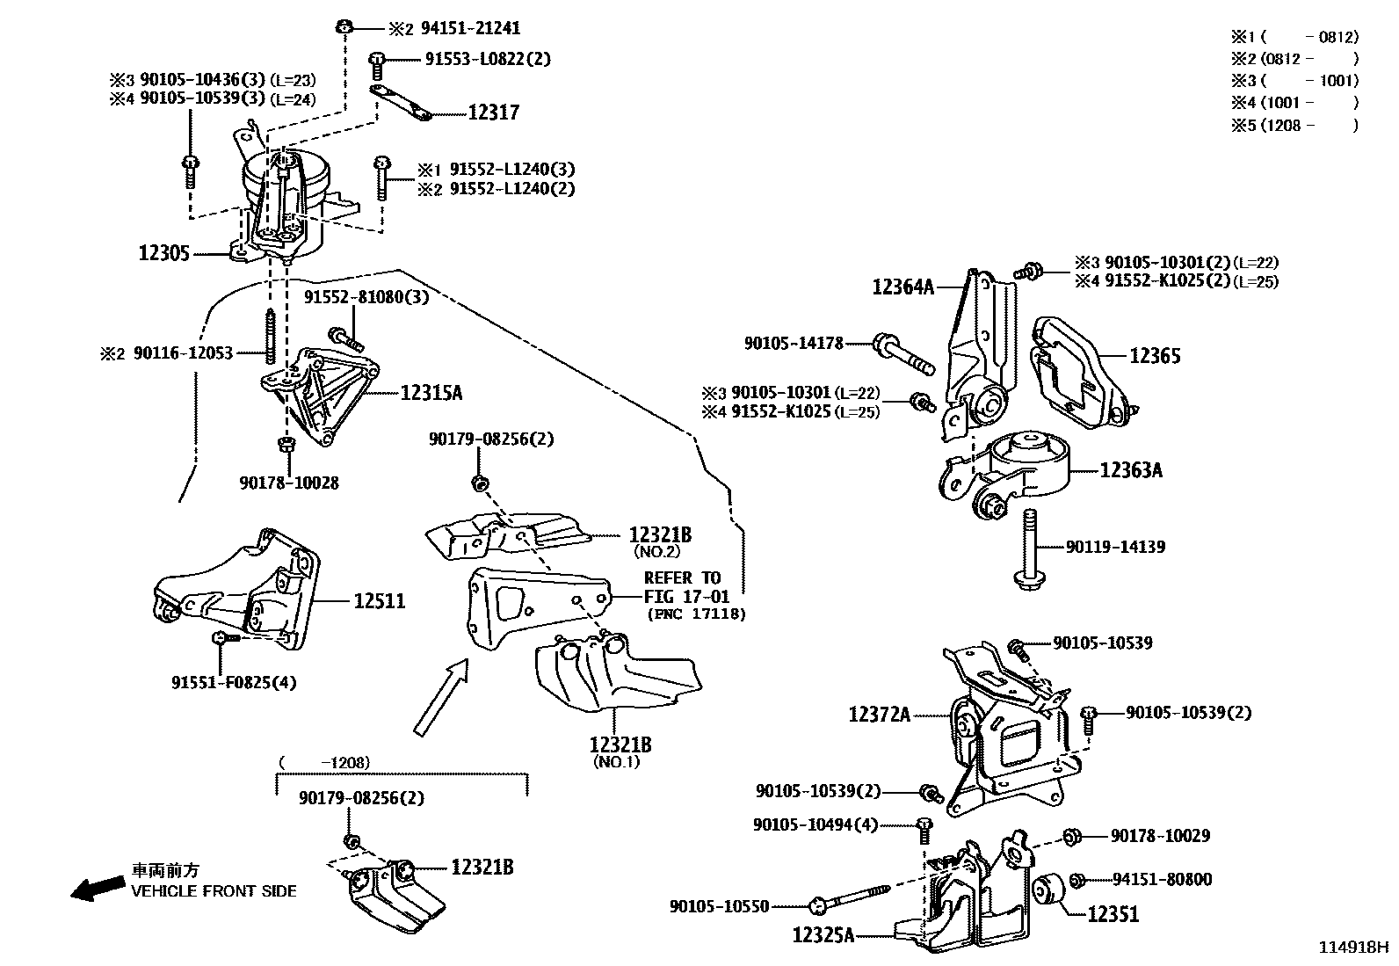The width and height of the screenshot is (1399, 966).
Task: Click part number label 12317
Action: coord(493,113)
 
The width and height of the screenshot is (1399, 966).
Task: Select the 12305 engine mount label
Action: coord(164,253)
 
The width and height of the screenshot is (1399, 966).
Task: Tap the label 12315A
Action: coord(431,393)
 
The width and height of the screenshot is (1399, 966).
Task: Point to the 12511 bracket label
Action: coord(379,601)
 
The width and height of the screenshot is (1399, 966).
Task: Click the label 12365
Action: coord(1155,356)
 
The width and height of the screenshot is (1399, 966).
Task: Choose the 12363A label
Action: coord(1131,470)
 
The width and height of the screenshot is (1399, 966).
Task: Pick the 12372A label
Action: coord(879,715)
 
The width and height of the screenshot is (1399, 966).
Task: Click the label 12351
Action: coord(1113,914)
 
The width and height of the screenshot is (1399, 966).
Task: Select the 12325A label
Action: coord(823,935)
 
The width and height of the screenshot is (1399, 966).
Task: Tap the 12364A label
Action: coord(902,286)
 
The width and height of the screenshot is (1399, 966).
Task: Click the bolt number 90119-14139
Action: coord(1115,547)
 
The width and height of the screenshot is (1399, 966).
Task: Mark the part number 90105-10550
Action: coord(719,905)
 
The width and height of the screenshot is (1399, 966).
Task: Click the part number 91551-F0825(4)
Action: coord(234,682)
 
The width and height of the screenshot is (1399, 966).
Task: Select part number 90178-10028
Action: coord(288,483)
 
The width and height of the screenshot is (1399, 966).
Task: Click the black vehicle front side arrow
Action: coord(96,890)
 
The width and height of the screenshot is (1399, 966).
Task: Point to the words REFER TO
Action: coord(682,577)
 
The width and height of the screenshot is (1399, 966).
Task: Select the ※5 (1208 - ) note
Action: coord(1294,125)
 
